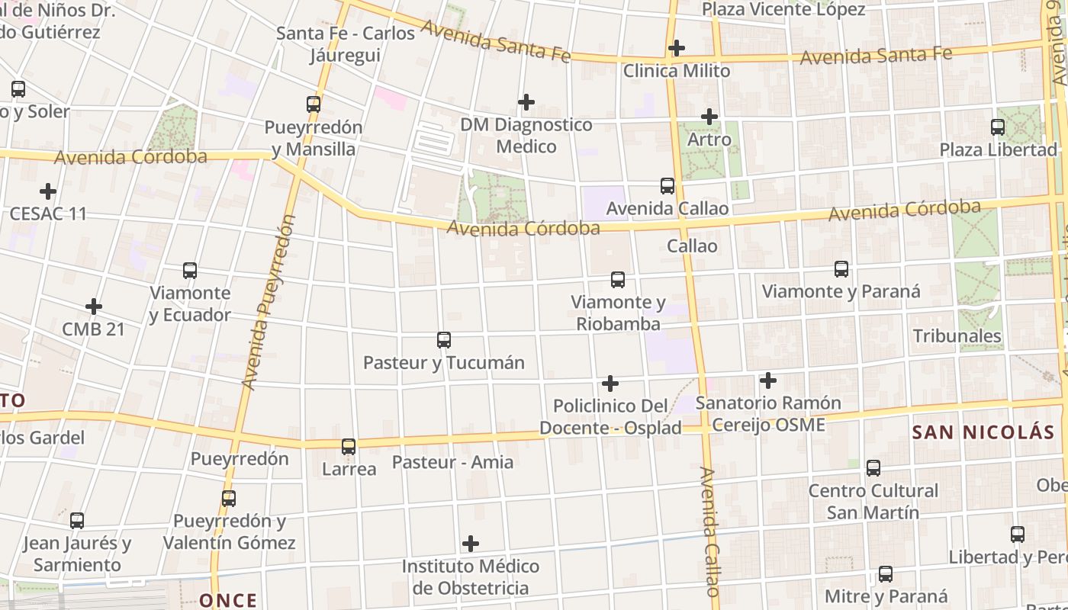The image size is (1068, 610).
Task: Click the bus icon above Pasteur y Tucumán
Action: pyautogui.click(x=443, y=340)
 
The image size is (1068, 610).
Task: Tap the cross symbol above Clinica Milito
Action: pyautogui.click(x=676, y=49)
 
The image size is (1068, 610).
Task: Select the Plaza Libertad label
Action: pyautogui.click(x=998, y=149)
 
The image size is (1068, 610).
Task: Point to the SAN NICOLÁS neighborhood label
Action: pyautogui.click(x=983, y=432)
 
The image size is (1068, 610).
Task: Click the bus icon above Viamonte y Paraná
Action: pyautogui.click(x=841, y=269)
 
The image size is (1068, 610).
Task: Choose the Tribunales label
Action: pyautogui.click(x=957, y=335)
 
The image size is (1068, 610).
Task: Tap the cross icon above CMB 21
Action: pyautogui.click(x=94, y=307)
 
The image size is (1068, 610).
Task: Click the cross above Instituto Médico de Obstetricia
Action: pyautogui.click(x=471, y=544)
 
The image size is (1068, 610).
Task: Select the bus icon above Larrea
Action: pyautogui.click(x=349, y=447)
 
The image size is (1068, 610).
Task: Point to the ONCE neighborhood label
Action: pyautogui.click(x=228, y=600)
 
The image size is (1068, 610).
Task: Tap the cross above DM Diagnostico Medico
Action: pyautogui.click(x=526, y=102)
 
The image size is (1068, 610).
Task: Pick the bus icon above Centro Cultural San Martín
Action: pyautogui.click(x=873, y=468)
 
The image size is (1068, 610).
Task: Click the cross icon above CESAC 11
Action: pyautogui.click(x=48, y=191)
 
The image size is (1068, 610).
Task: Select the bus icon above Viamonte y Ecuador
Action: pyautogui.click(x=190, y=271)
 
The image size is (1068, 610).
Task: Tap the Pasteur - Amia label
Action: pyautogui.click(x=452, y=462)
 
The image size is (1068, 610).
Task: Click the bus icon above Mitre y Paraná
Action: pyautogui.click(x=886, y=574)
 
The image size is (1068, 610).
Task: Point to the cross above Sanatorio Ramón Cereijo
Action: pyautogui.click(x=768, y=380)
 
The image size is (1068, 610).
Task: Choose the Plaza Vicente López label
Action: pyautogui.click(x=783, y=10)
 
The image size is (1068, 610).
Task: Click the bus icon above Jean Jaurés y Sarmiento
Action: pyautogui.click(x=77, y=521)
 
